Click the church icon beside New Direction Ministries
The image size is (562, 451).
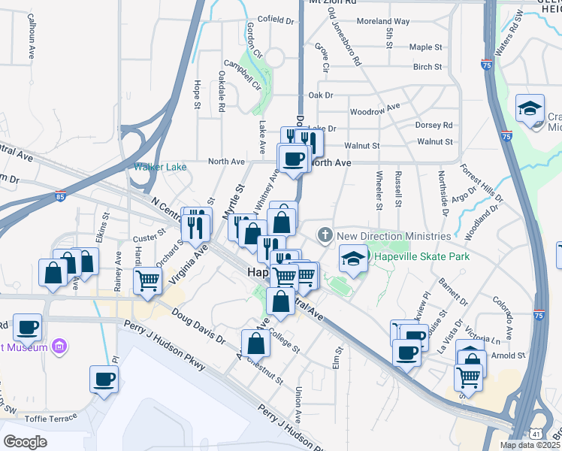click(325, 235)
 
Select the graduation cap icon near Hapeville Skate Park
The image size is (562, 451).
click(351, 259)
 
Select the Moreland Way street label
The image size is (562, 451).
click(383, 22)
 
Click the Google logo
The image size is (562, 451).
click(26, 442)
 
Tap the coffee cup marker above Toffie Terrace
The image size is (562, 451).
click(104, 379)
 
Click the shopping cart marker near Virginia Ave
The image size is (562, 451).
click(147, 280)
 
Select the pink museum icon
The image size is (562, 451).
click(59, 347)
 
